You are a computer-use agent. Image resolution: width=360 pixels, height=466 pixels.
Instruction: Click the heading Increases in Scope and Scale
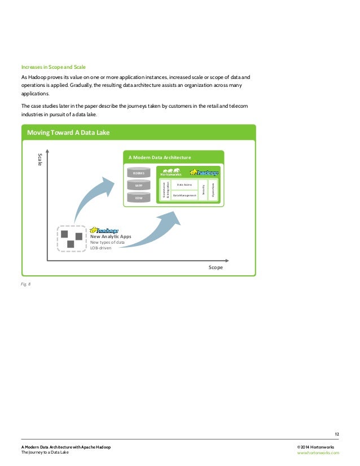click(x=53, y=67)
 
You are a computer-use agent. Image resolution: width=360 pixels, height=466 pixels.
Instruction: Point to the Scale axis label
click(x=39, y=159)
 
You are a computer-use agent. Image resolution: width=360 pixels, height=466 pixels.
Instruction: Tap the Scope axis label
click(x=215, y=267)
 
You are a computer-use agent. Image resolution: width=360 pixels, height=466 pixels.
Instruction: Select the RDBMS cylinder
click(x=139, y=173)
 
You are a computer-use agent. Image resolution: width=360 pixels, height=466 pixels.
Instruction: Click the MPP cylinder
click(x=139, y=185)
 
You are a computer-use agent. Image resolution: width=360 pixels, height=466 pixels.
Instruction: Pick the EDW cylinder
click(x=139, y=197)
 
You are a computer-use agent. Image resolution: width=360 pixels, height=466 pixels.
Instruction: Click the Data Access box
click(x=184, y=184)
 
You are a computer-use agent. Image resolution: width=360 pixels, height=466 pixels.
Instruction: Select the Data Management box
click(x=184, y=195)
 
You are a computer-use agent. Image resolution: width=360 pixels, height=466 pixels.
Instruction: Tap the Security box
click(x=203, y=190)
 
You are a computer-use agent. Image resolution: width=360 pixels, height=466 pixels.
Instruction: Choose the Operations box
click(x=213, y=190)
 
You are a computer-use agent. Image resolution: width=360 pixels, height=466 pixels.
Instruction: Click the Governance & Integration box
click(x=165, y=190)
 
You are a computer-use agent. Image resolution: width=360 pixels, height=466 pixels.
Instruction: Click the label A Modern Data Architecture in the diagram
click(x=160, y=157)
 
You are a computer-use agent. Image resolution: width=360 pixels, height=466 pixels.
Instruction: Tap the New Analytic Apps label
click(x=111, y=236)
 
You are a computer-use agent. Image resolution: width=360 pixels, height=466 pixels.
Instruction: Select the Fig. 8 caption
click(x=26, y=284)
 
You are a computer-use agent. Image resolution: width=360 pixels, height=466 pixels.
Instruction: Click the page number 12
click(x=336, y=434)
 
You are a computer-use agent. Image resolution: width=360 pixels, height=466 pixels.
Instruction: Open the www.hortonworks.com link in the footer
click(x=318, y=452)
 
